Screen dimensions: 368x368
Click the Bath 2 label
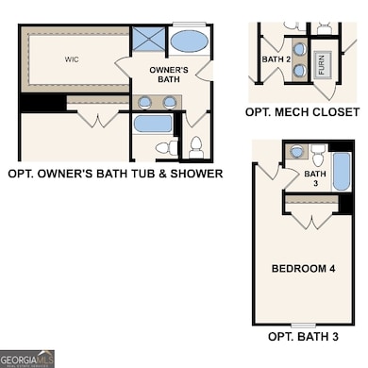(x=276, y=59)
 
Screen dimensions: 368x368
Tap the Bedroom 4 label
(x=305, y=268)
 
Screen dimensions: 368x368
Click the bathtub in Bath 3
(x=342, y=173)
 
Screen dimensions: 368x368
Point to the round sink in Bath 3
(x=296, y=151)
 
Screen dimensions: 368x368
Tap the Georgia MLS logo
(x=27, y=359)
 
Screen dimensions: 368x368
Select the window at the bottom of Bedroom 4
(x=304, y=324)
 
